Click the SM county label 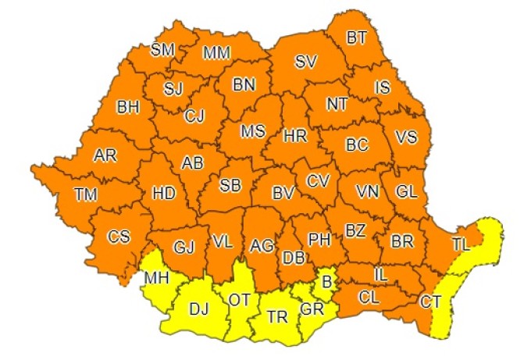162,50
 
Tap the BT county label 359,37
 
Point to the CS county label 119,236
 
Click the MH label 155,277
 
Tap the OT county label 239,299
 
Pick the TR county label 276,317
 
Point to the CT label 430,300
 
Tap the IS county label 382,88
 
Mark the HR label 294,136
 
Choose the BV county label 282,191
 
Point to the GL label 406,191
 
